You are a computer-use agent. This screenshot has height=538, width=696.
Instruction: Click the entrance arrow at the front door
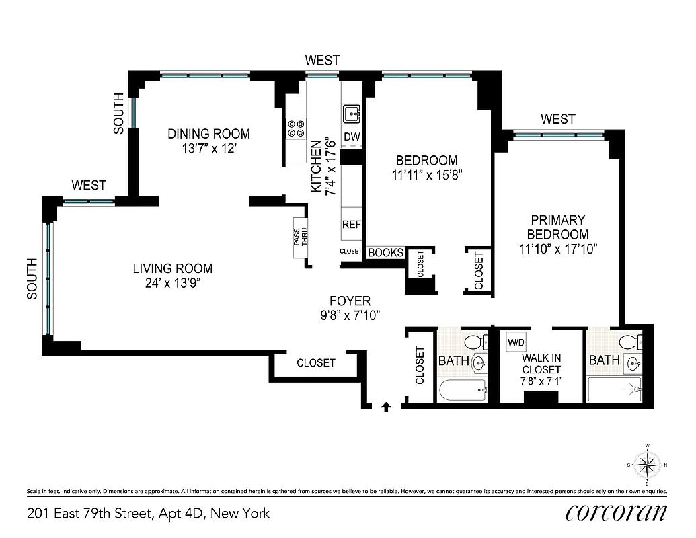pos(386,406)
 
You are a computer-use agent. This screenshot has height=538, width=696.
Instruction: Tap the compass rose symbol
pos(647,464)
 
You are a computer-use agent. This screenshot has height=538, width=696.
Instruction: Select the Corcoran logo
pos(616,512)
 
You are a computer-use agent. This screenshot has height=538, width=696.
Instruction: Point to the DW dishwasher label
pos(352,137)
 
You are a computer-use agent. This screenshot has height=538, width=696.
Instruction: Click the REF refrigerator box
pos(352,224)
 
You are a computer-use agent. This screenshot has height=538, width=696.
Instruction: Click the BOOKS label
pos(387,253)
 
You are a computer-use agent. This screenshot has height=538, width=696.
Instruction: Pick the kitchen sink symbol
pos(351,114)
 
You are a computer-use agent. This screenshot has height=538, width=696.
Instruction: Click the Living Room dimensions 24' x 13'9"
pos(173,284)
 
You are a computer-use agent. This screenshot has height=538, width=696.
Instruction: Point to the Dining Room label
pos(208,134)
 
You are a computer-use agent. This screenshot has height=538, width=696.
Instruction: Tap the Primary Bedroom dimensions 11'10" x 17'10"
pos(557,249)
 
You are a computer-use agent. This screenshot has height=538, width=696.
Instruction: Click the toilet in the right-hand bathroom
pos(629,342)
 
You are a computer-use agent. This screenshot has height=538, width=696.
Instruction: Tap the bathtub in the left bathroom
pos(461,389)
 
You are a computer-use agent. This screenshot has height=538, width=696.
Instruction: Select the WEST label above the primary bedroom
pos(557,119)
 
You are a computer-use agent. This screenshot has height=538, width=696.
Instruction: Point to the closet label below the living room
pos(315,362)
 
